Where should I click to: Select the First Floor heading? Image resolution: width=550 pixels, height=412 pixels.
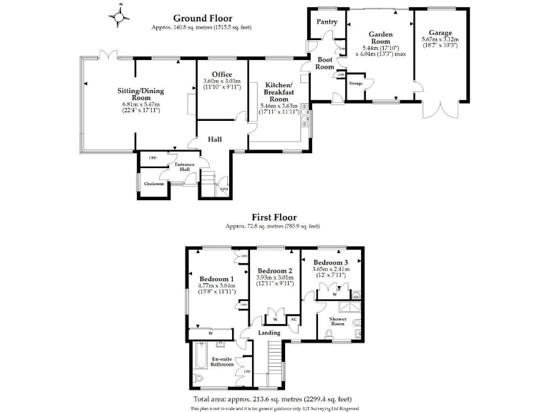click(273, 217)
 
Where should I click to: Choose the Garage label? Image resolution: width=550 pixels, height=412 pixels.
click(440, 32)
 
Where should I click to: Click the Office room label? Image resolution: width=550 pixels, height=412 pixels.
click(221, 74)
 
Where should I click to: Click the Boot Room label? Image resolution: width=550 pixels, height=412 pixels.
click(325, 63)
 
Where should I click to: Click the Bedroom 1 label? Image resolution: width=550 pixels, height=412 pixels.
click(216, 278)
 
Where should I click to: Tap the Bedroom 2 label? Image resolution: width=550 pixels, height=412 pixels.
click(275, 270)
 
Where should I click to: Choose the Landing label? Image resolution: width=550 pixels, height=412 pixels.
click(269, 333)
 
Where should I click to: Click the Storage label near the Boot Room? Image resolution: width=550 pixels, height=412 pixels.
click(356, 84)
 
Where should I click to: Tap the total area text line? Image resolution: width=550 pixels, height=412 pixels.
click(272, 399)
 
